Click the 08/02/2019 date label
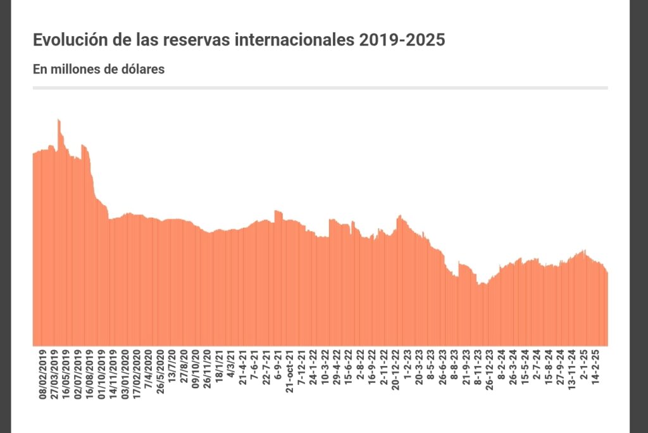(x=44, y=373)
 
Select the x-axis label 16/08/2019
(x=90, y=373)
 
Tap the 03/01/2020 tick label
(x=125, y=373)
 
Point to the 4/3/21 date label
(x=231, y=366)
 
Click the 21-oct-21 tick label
(x=289, y=371)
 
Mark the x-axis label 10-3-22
(x=325, y=367)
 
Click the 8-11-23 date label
(x=478, y=367)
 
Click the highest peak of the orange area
(x=58, y=120)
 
